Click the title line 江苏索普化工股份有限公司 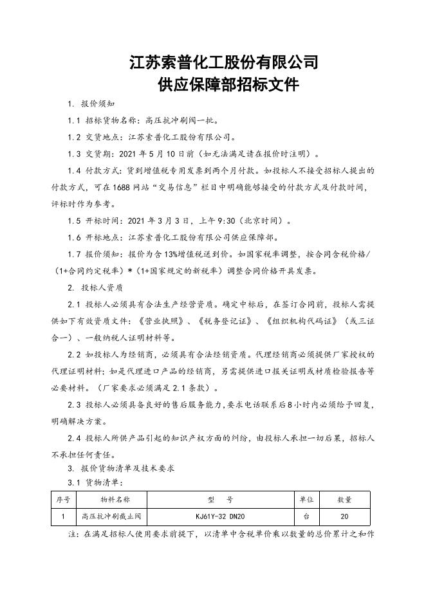click(x=223, y=62)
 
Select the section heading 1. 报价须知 click(x=92, y=104)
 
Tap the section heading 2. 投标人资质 click(x=96, y=287)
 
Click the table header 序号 click(x=63, y=499)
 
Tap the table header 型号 click(x=221, y=499)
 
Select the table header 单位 click(x=306, y=499)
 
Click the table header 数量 click(x=344, y=499)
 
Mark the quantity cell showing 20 click(x=344, y=516)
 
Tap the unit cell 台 click(x=306, y=516)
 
